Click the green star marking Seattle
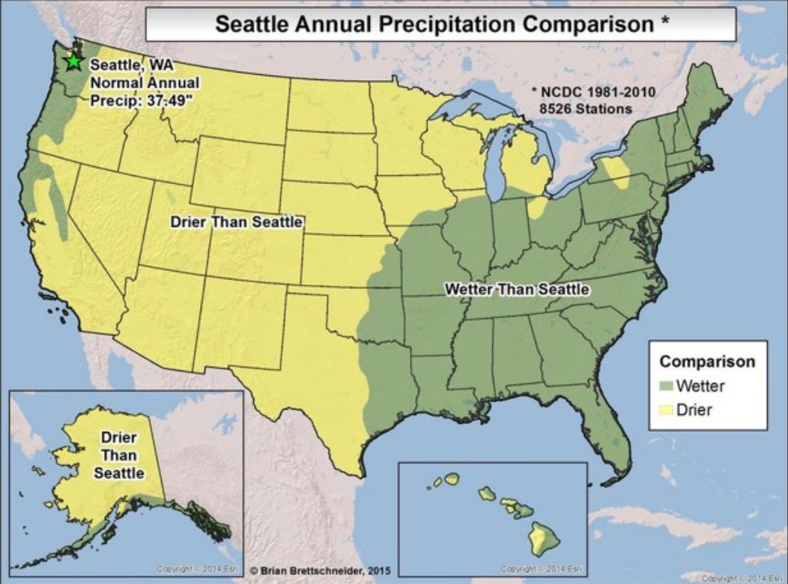pos(73,62)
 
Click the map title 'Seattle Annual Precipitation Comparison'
pos(434,24)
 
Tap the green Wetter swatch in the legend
pos(666,387)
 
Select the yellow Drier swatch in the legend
pos(666,410)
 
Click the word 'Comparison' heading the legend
pos(706,362)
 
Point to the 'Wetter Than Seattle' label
pos(517,289)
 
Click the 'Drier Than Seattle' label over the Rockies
pos(236,222)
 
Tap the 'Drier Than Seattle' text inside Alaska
pos(118,454)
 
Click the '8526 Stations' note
pos(585,109)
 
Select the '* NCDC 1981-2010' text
pos(592,92)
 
